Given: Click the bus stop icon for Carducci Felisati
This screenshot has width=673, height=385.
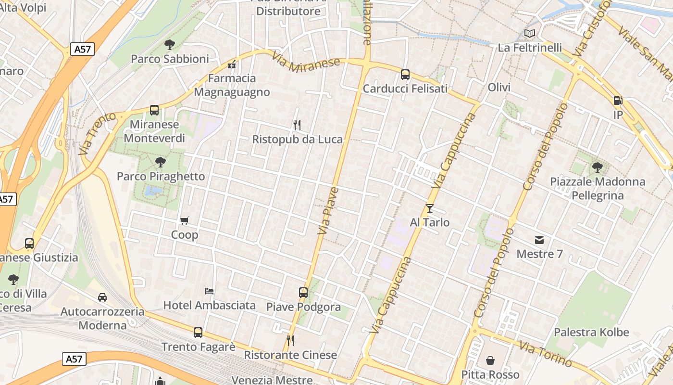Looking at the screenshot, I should click(x=405, y=75).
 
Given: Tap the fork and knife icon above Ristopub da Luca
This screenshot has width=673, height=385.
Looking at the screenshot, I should click(x=297, y=125).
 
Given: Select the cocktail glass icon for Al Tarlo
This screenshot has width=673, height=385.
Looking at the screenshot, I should click(x=430, y=208).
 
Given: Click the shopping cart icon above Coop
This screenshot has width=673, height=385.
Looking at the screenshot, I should click(x=185, y=221).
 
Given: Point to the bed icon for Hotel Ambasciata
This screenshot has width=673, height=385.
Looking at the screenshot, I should click(x=209, y=291).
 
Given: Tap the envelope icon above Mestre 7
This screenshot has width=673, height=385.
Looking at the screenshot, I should click(x=539, y=240).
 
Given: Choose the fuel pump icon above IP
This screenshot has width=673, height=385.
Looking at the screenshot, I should click(x=618, y=101).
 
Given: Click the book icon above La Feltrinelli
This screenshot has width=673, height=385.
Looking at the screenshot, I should click(x=530, y=34).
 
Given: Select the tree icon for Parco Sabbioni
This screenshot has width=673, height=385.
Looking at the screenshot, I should click(x=169, y=45).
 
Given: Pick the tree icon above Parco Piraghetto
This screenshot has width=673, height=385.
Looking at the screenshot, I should click(x=161, y=162).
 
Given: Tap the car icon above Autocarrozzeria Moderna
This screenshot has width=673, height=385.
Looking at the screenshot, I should click(x=102, y=297).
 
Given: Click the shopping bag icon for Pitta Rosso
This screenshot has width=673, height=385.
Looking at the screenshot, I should click(x=490, y=360).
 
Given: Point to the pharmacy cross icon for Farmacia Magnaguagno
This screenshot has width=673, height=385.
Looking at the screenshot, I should click(x=232, y=64).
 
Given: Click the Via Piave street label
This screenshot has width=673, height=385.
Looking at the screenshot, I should click(x=328, y=211).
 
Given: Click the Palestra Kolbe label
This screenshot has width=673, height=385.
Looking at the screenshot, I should click(x=591, y=333).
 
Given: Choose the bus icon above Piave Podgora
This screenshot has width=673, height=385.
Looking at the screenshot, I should click(x=303, y=293).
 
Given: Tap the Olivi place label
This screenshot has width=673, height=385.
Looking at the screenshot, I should click(x=499, y=88).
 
